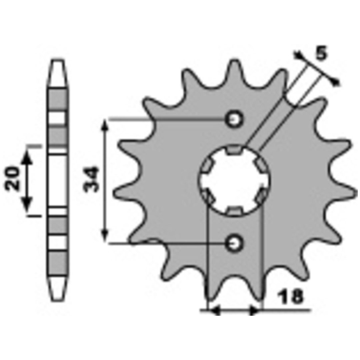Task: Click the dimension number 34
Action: (91, 180)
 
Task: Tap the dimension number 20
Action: (12, 178)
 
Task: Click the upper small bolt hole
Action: (234, 119)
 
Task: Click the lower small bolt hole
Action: (234, 243)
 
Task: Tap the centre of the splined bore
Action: (234, 180)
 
